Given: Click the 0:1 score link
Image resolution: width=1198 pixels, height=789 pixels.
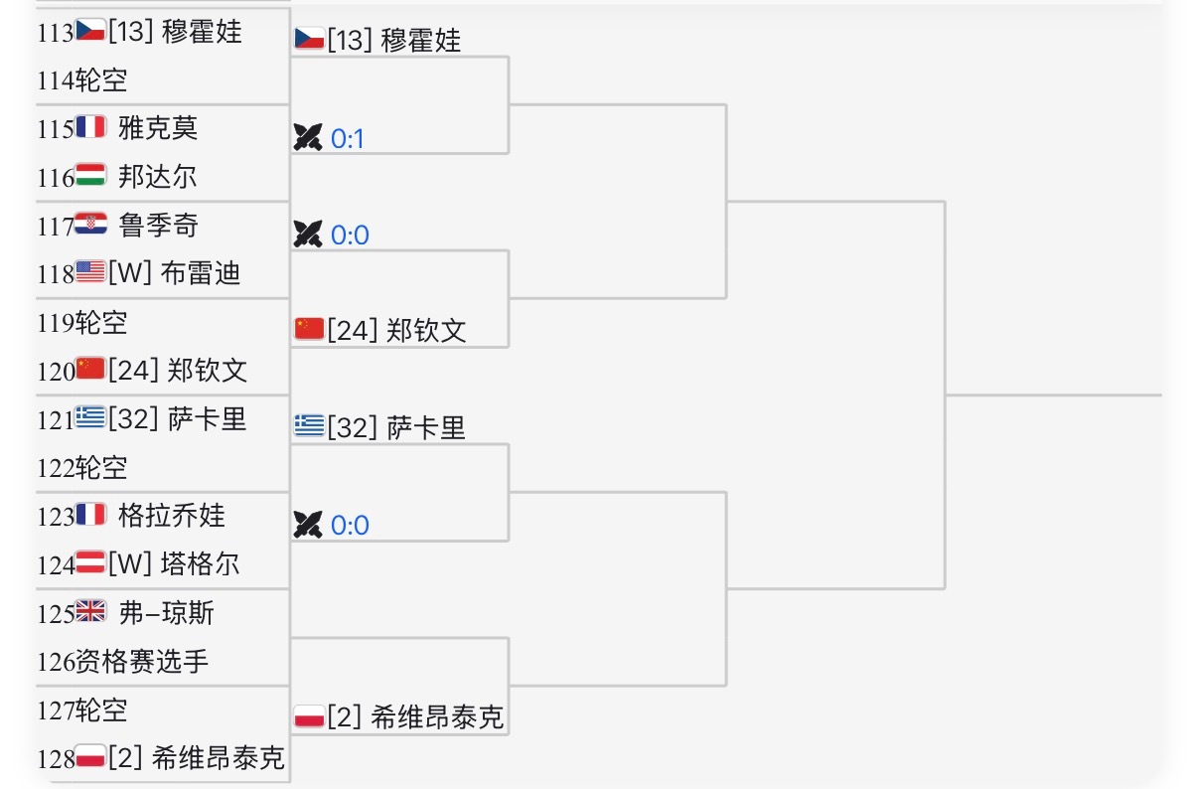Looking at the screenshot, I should click(x=348, y=139).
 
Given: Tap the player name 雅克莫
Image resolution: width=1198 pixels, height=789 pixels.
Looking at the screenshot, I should click(x=158, y=128).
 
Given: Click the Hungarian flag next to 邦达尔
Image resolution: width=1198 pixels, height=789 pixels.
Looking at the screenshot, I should click(x=90, y=177).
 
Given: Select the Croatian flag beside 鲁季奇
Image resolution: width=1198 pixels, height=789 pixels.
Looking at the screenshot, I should click(x=90, y=226).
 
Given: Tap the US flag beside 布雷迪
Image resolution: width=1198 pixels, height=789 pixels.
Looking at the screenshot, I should click(x=90, y=273).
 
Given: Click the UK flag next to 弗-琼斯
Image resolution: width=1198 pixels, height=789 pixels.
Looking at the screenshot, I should click(x=90, y=613).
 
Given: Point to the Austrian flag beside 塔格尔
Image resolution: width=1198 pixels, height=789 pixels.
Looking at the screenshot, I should click(x=90, y=564).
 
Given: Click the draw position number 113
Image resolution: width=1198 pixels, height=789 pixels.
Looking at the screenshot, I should click(x=56, y=32).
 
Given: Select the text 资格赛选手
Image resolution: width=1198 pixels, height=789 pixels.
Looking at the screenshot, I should click(x=142, y=662).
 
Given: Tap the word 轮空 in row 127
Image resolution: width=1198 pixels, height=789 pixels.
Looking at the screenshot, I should click(x=101, y=710).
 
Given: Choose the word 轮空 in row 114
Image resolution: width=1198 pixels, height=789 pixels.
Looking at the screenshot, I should click(x=101, y=80).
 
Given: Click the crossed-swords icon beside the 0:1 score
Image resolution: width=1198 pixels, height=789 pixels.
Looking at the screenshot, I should click(x=308, y=138).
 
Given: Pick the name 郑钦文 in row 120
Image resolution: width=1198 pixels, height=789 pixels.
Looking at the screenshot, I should click(x=208, y=371).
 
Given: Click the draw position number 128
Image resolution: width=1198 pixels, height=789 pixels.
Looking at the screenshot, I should click(x=56, y=759).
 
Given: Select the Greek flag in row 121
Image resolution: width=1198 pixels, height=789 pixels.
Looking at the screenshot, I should click(x=90, y=419).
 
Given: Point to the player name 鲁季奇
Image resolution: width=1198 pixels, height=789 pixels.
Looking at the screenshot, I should click(x=158, y=226).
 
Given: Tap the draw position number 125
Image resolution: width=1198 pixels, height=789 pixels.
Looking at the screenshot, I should click(x=56, y=613).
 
